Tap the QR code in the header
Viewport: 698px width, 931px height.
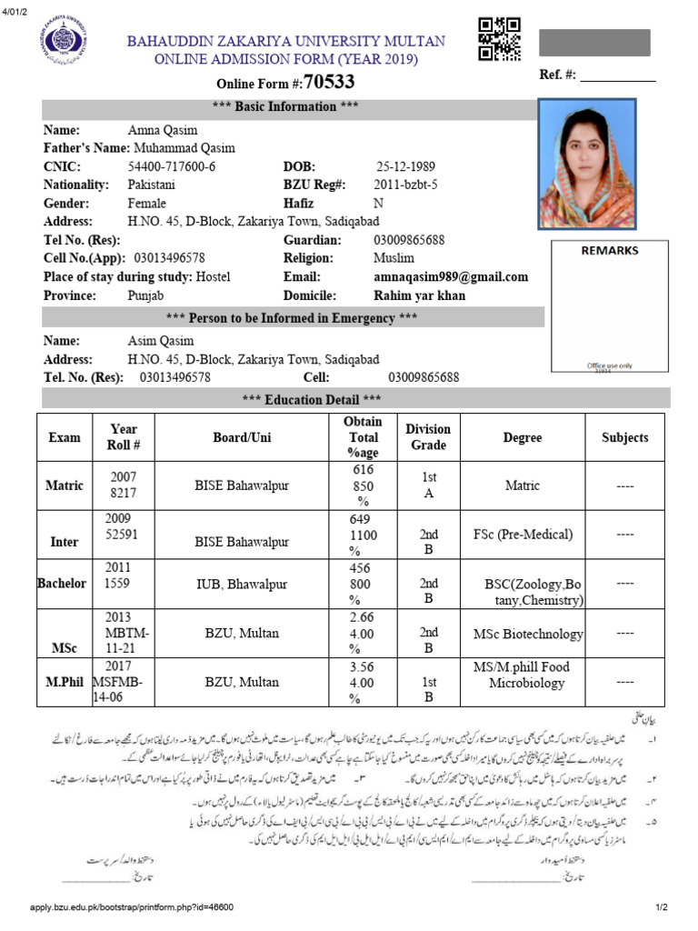point(498,39)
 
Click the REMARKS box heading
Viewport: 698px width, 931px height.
point(610,251)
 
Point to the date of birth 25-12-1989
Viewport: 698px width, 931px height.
point(405,167)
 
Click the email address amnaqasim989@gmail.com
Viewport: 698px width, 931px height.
point(451,277)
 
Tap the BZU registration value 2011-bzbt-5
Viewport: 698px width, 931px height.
point(406,185)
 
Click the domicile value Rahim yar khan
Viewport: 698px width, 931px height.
point(419,295)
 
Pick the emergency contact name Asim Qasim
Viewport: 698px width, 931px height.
point(161,341)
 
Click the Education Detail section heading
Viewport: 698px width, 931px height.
point(311,399)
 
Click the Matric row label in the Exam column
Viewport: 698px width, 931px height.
point(65,486)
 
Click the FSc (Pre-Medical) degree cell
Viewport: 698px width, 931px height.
point(523,535)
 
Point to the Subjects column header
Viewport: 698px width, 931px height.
point(624,437)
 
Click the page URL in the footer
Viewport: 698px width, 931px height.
point(132,907)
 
